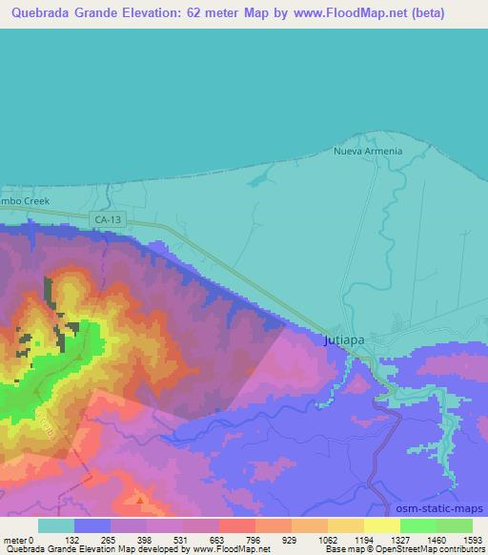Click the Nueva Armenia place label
click(368, 151)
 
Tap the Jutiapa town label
click(340, 339)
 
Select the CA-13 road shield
click(107, 219)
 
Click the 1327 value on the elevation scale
click(386, 539)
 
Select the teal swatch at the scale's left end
click(56, 525)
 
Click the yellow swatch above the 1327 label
click(381, 525)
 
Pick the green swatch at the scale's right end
click(455, 525)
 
